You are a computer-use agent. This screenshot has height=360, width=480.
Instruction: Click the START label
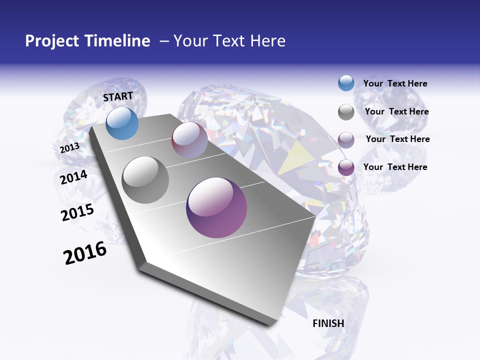118,96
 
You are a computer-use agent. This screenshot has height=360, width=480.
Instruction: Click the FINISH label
328,323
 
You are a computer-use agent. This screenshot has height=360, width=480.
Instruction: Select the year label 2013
69,148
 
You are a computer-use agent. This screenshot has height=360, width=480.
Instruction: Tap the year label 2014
74,177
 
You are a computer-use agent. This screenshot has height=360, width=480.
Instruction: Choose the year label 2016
85,253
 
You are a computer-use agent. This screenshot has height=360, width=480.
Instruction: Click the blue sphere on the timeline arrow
122,123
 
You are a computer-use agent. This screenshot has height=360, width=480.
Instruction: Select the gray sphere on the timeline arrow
145,180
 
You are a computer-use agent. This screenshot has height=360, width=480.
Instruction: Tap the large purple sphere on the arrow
216,207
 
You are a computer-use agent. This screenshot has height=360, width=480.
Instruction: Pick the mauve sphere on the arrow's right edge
189,140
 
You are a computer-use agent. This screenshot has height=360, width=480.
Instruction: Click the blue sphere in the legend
346,83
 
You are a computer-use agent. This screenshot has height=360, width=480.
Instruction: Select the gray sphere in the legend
346,112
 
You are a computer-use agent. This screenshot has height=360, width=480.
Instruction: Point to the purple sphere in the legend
346,167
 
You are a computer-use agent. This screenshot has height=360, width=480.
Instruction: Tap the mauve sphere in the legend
346,139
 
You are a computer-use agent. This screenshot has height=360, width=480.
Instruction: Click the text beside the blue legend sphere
395,83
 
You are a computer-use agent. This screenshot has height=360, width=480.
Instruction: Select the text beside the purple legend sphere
395,167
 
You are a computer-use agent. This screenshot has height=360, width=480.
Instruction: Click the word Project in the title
52,41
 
